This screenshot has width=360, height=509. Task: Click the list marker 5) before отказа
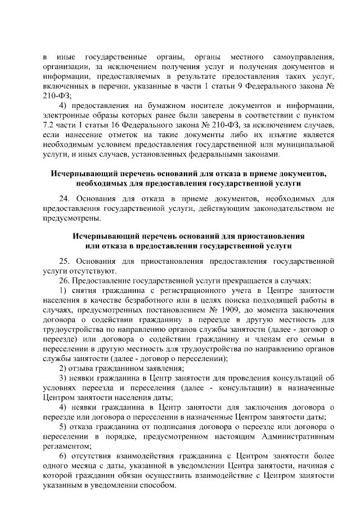point(64,425)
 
